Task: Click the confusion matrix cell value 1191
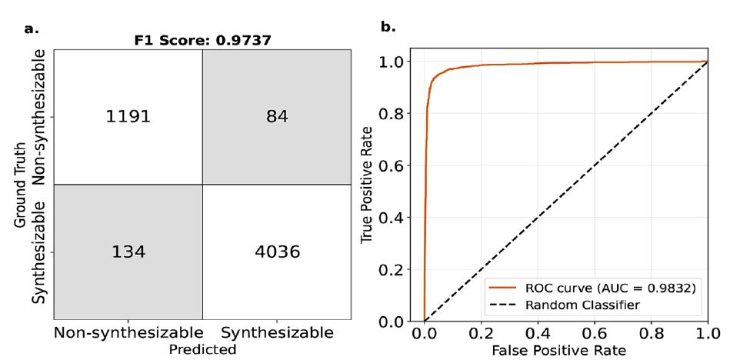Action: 128,117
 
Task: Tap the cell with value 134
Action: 128,251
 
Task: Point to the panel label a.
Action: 32,28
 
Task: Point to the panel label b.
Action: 388,27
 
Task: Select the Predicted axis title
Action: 204,348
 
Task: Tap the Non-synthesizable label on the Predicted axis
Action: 128,332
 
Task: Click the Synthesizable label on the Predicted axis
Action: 277,332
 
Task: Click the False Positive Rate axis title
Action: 565,349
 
